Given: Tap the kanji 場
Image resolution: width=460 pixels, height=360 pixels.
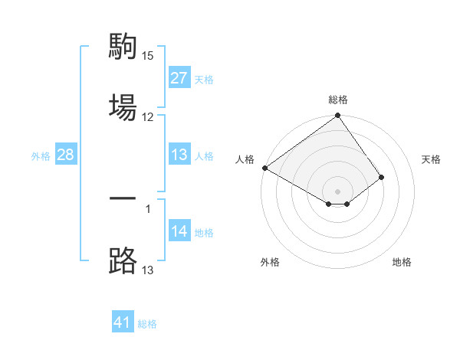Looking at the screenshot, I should [x=123, y=104].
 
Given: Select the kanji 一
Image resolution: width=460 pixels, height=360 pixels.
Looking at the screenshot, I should [x=123, y=199].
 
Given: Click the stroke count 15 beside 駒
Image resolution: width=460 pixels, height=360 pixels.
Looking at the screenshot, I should [x=148, y=56].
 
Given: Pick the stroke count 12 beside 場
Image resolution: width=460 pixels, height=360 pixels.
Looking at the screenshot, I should [x=148, y=116].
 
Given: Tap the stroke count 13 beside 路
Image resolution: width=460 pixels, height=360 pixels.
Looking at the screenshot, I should [x=148, y=269].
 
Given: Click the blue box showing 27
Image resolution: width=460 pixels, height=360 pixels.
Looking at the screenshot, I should [x=179, y=78].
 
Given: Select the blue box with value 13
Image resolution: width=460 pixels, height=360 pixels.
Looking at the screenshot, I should [x=179, y=155].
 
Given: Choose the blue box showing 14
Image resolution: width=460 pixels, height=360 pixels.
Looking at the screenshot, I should [x=179, y=231].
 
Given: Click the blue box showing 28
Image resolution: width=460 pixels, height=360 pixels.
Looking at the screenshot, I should [x=66, y=155].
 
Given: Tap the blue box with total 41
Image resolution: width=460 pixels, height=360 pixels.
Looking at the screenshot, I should [x=123, y=322].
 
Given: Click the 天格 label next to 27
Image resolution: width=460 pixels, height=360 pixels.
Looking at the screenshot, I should [x=204, y=79].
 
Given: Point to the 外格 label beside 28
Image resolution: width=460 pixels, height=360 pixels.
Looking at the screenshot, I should [x=41, y=155].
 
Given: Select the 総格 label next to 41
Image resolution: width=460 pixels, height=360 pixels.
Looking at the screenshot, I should [x=147, y=323].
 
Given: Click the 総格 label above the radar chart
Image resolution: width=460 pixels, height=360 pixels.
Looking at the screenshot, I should [x=338, y=100].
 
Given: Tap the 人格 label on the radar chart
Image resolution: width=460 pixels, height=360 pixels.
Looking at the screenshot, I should [x=245, y=159].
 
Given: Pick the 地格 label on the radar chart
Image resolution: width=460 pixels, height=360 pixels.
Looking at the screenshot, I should [x=402, y=262].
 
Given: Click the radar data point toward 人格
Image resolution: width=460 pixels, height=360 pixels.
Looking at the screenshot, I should [x=264, y=168].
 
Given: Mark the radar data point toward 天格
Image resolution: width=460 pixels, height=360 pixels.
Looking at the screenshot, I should [x=381, y=177].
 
